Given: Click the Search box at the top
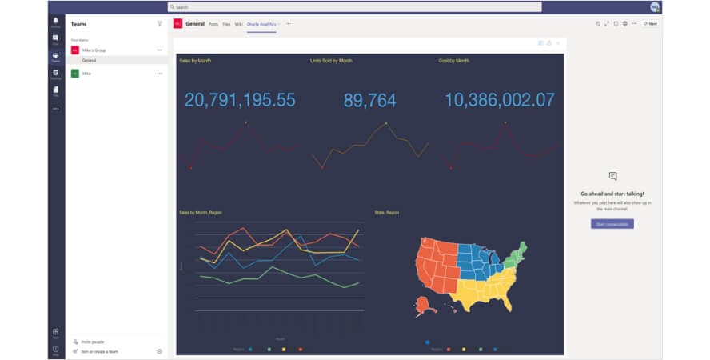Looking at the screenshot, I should pos(354,7).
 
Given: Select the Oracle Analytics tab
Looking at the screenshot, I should pos(263,24).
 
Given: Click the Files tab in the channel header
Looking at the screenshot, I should pos(226,24).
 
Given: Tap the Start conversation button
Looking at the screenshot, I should pos(612,224).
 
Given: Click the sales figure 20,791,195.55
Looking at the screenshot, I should pos(240,100).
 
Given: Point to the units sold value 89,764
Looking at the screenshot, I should pos(369,100).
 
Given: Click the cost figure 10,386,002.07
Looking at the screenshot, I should pos(500,100).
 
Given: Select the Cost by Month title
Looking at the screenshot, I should pos(454,61).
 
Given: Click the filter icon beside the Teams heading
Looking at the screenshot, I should pos(159,24).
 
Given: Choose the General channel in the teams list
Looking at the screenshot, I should pos(90,60).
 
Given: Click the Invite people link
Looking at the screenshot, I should pos(93,342).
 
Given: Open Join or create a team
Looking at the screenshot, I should pos(99,351).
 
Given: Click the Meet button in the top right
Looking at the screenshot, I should pos(650,24).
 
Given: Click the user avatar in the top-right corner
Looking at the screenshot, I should pos(655,7).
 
